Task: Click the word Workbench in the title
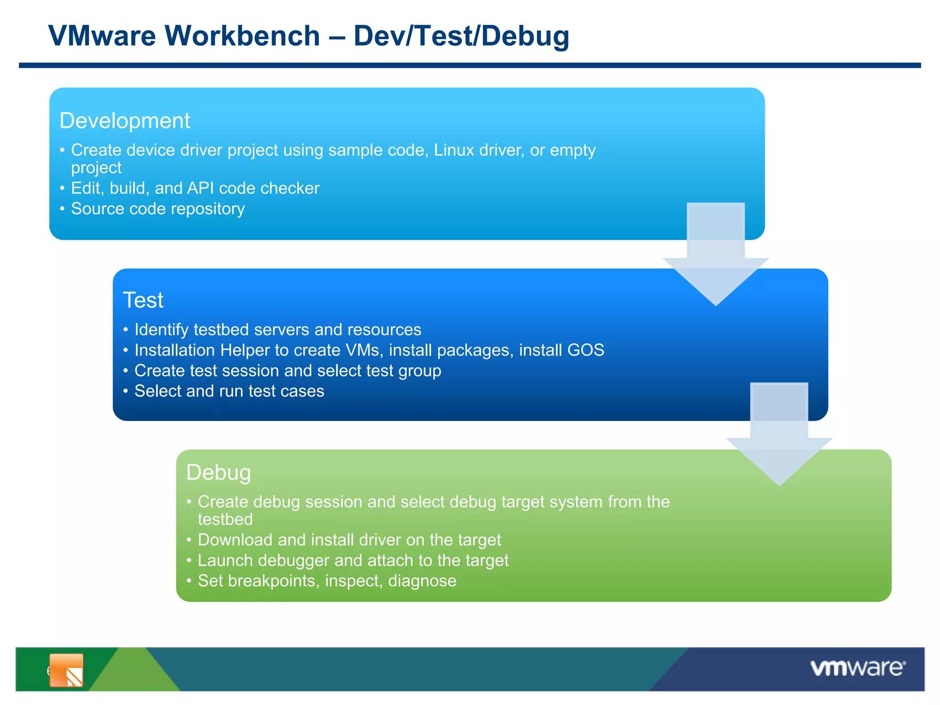pyautogui.click(x=242, y=36)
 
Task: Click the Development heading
pyautogui.click(x=124, y=121)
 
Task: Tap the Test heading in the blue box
pyautogui.click(x=143, y=300)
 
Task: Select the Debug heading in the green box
pyautogui.click(x=218, y=472)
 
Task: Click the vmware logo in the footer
pyautogui.click(x=857, y=668)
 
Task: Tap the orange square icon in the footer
pyautogui.click(x=67, y=670)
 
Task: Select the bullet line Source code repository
pyautogui.click(x=157, y=209)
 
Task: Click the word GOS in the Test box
pyautogui.click(x=586, y=350)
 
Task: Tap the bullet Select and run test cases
pyautogui.click(x=229, y=391)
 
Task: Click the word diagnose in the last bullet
pyautogui.click(x=422, y=581)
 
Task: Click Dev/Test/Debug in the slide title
pyautogui.click(x=461, y=36)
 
